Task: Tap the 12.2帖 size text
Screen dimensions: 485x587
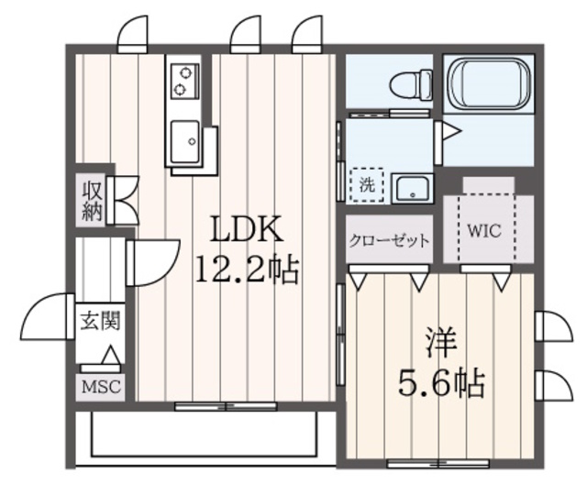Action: pyautogui.click(x=245, y=268)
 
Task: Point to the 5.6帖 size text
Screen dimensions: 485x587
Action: pyautogui.click(x=441, y=380)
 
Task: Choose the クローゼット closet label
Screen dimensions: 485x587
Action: pyautogui.click(x=389, y=241)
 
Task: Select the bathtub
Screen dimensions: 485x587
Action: pyautogui.click(x=488, y=84)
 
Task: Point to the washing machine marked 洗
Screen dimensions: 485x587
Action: pyautogui.click(x=368, y=182)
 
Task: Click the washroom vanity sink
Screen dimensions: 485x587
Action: pyautogui.click(x=412, y=189)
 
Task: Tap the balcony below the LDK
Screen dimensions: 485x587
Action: pyautogui.click(x=204, y=436)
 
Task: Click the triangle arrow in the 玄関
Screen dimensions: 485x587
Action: pyautogui.click(x=110, y=356)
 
